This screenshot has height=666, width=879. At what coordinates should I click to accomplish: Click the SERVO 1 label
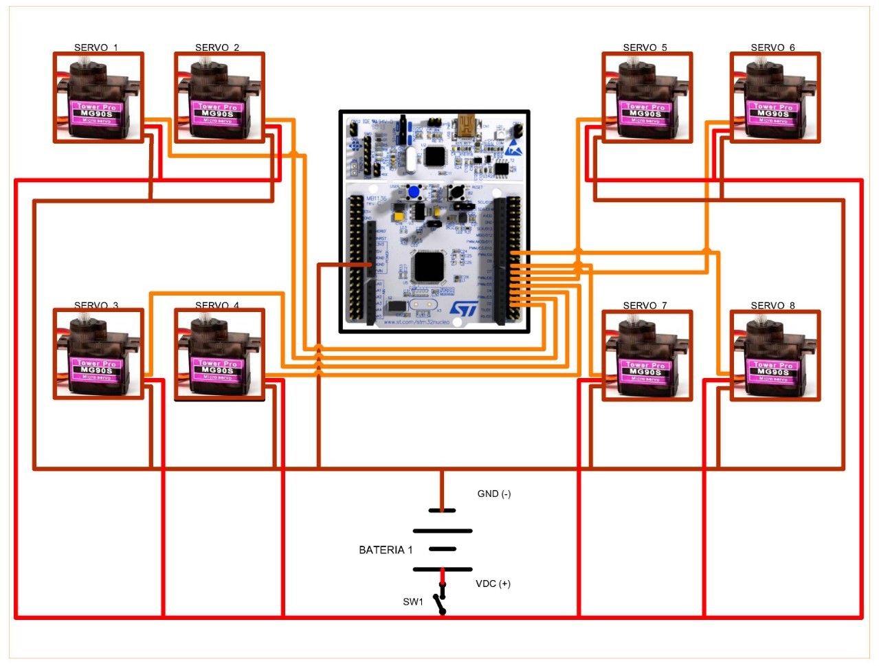(96, 47)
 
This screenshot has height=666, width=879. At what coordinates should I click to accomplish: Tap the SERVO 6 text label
(772, 47)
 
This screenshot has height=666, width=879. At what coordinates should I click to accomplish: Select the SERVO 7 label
(645, 305)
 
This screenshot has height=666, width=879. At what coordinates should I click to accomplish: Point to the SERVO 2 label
(217, 47)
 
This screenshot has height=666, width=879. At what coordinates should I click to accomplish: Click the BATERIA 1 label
(386, 550)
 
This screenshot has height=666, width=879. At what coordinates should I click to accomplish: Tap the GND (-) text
(494, 493)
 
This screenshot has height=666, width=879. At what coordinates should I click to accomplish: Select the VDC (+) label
(493, 584)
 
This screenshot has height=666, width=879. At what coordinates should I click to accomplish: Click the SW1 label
(413, 601)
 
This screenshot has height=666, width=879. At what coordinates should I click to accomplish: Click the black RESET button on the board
(455, 192)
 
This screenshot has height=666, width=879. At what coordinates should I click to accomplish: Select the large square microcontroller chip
(430, 267)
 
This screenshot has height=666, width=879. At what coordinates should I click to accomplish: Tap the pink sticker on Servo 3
(97, 370)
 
